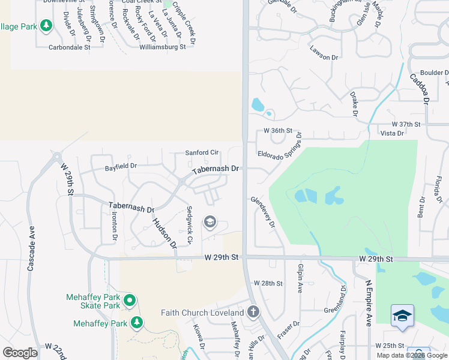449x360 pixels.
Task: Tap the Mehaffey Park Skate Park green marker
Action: [x=129, y=299]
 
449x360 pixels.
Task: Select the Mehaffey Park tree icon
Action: [x=137, y=323]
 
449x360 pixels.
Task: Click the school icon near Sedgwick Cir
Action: [x=209, y=223]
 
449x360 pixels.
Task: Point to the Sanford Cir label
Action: [x=202, y=153]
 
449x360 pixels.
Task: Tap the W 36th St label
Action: [x=277, y=131]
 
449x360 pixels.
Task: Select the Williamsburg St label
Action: [x=163, y=47]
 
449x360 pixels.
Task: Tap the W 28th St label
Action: [x=268, y=283]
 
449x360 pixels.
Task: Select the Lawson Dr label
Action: [x=324, y=54]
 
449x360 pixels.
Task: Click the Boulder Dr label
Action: [x=435, y=73]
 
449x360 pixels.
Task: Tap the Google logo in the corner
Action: [x=20, y=352]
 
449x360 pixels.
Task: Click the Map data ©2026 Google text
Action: [x=411, y=355]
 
